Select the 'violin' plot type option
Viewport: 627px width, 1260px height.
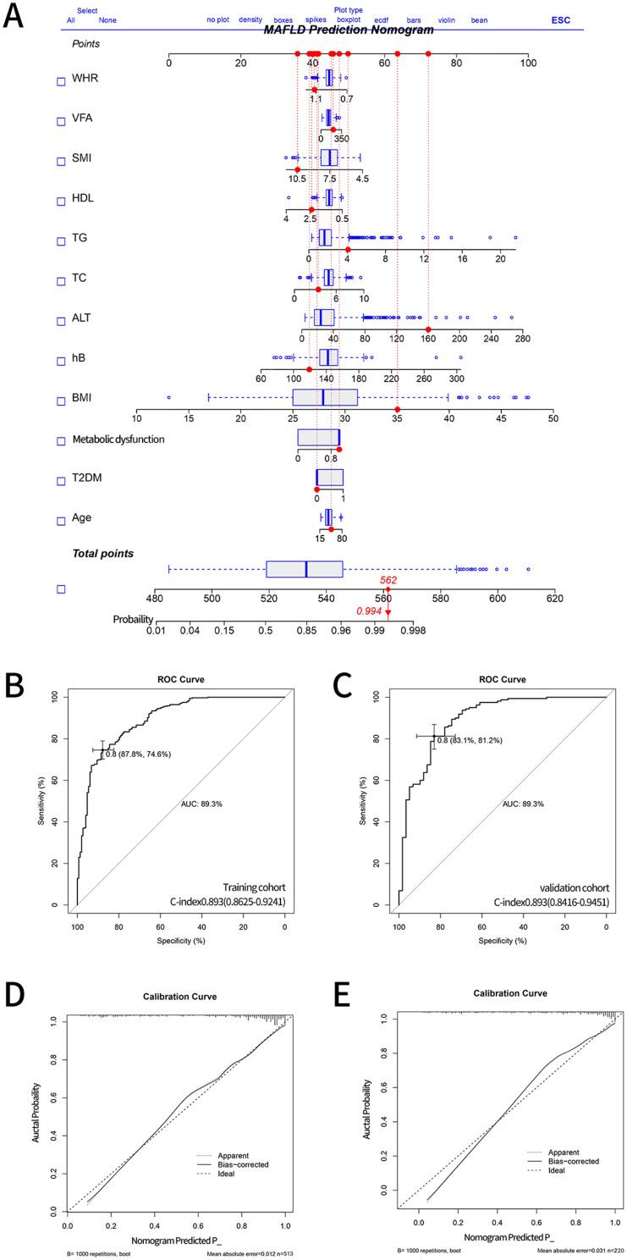tap(447, 19)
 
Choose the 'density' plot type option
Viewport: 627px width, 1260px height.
tap(250, 19)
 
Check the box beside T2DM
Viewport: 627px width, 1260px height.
tap(60, 481)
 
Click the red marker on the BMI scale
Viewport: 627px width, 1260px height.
tap(398, 410)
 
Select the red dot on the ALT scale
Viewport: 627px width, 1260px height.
tap(429, 329)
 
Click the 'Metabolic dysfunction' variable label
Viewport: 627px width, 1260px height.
tap(118, 439)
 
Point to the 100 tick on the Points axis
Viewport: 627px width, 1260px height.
tap(529, 63)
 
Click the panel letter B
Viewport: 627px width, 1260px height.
tap(14, 683)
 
